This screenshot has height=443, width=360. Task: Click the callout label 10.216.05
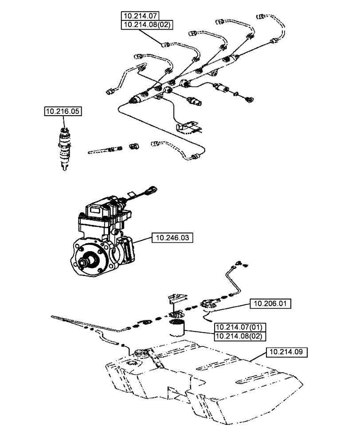click(x=63, y=111)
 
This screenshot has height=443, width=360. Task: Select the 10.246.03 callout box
click(x=172, y=238)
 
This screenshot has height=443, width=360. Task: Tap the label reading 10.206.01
click(x=270, y=303)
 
